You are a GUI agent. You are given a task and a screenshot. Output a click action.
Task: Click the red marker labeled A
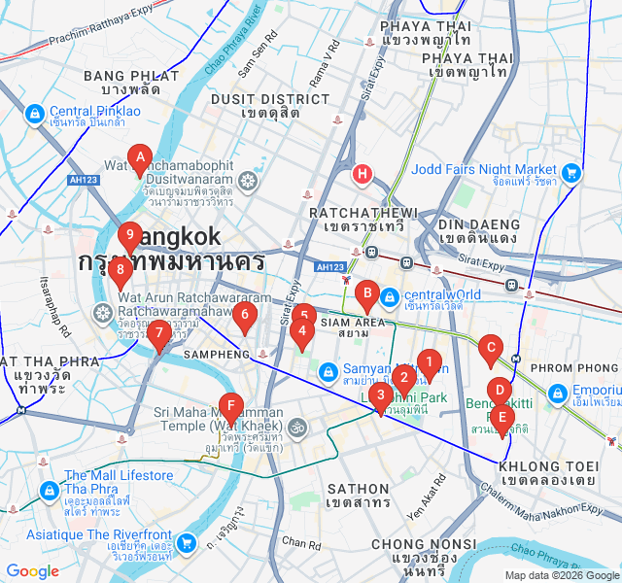point(140,157)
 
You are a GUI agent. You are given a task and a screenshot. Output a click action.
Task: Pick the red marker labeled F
point(230,406)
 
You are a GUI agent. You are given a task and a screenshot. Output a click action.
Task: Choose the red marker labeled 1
point(428,362)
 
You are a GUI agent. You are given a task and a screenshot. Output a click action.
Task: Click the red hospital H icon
point(363,175)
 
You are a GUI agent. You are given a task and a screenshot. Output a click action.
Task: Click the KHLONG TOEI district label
point(547,466)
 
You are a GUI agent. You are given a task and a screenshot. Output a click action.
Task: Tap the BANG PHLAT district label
point(132,76)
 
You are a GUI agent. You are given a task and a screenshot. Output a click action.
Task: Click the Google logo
point(32,571)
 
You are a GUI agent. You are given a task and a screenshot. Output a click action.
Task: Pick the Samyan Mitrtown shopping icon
point(328,370)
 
